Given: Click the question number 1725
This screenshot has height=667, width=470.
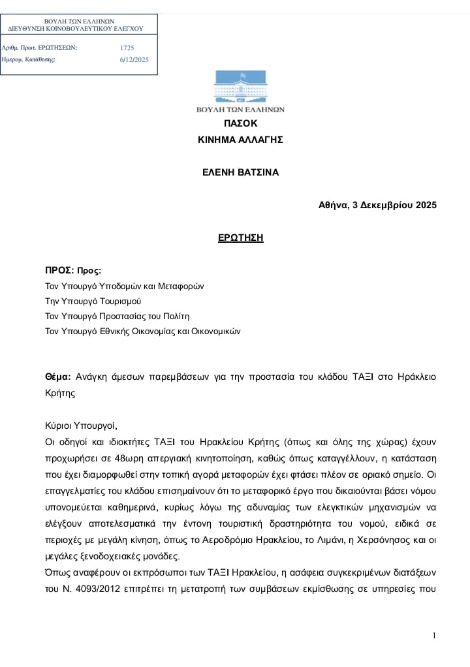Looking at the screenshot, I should [127, 48].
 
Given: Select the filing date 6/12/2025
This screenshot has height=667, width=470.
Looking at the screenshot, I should [134, 59].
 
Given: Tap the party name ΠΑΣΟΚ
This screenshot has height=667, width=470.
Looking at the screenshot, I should [240, 123].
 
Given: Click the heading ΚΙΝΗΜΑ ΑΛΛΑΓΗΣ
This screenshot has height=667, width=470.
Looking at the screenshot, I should [240, 140].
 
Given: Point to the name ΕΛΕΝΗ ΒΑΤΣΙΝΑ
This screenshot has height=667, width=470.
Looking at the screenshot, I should [240, 172].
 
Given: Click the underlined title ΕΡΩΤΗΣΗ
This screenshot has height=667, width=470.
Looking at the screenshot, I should [240, 238].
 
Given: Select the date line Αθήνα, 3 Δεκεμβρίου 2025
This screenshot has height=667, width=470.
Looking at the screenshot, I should [377, 205].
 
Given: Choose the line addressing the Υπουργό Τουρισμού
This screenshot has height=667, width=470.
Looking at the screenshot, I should [93, 301].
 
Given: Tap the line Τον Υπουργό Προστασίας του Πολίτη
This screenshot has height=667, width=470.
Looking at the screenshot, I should [117, 316].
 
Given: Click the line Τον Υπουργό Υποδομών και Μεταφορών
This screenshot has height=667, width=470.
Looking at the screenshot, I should [124, 286].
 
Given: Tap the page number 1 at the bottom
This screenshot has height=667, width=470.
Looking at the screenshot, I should [434, 636].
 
